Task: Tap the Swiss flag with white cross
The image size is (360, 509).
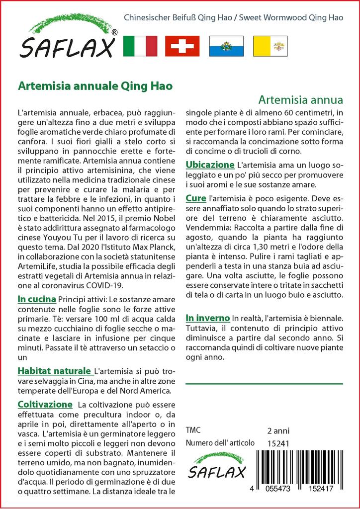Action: point(182,46)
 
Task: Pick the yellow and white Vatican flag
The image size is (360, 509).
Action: point(269,46)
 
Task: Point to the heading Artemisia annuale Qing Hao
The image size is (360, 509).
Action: point(95,85)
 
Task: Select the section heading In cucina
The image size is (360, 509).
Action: point(36,299)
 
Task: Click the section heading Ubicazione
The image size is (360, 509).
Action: point(210,165)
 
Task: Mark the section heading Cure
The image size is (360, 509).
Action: point(196,198)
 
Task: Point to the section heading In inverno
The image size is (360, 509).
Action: point(207,318)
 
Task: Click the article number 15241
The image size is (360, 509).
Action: point(277,443)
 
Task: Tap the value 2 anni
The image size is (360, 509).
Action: point(278,430)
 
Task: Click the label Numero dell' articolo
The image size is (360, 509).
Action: point(220,443)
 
